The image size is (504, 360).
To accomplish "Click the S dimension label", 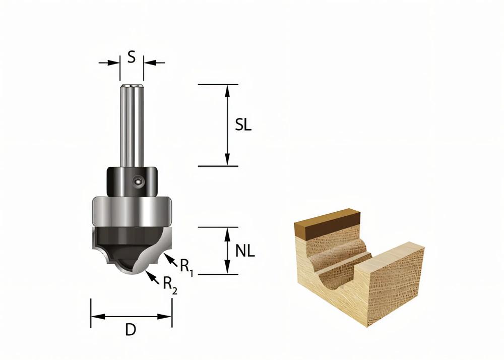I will pos(131,57).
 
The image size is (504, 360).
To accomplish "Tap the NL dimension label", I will pos(245,250).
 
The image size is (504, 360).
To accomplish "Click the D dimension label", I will pos(131,330).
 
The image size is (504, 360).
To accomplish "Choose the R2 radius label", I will pos(170,285).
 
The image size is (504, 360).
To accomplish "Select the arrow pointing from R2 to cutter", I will pos(150,276).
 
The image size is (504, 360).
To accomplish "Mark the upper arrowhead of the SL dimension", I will pos(228,89).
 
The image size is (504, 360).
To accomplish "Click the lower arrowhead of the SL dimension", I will pos(228,160).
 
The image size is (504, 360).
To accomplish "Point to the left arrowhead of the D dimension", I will pos(96,317).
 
